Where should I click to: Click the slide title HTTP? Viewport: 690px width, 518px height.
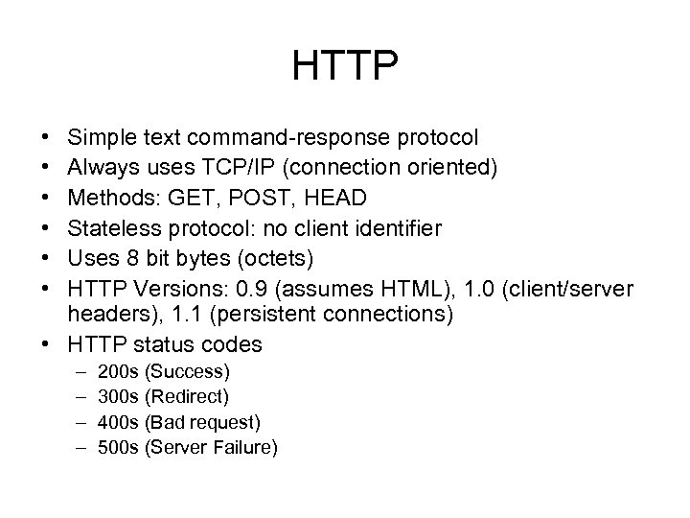345,66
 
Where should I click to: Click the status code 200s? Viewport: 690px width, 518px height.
118,370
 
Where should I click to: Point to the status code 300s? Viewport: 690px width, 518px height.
118,395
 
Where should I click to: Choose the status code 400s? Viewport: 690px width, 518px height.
118,420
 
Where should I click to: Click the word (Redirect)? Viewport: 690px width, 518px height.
188,395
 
